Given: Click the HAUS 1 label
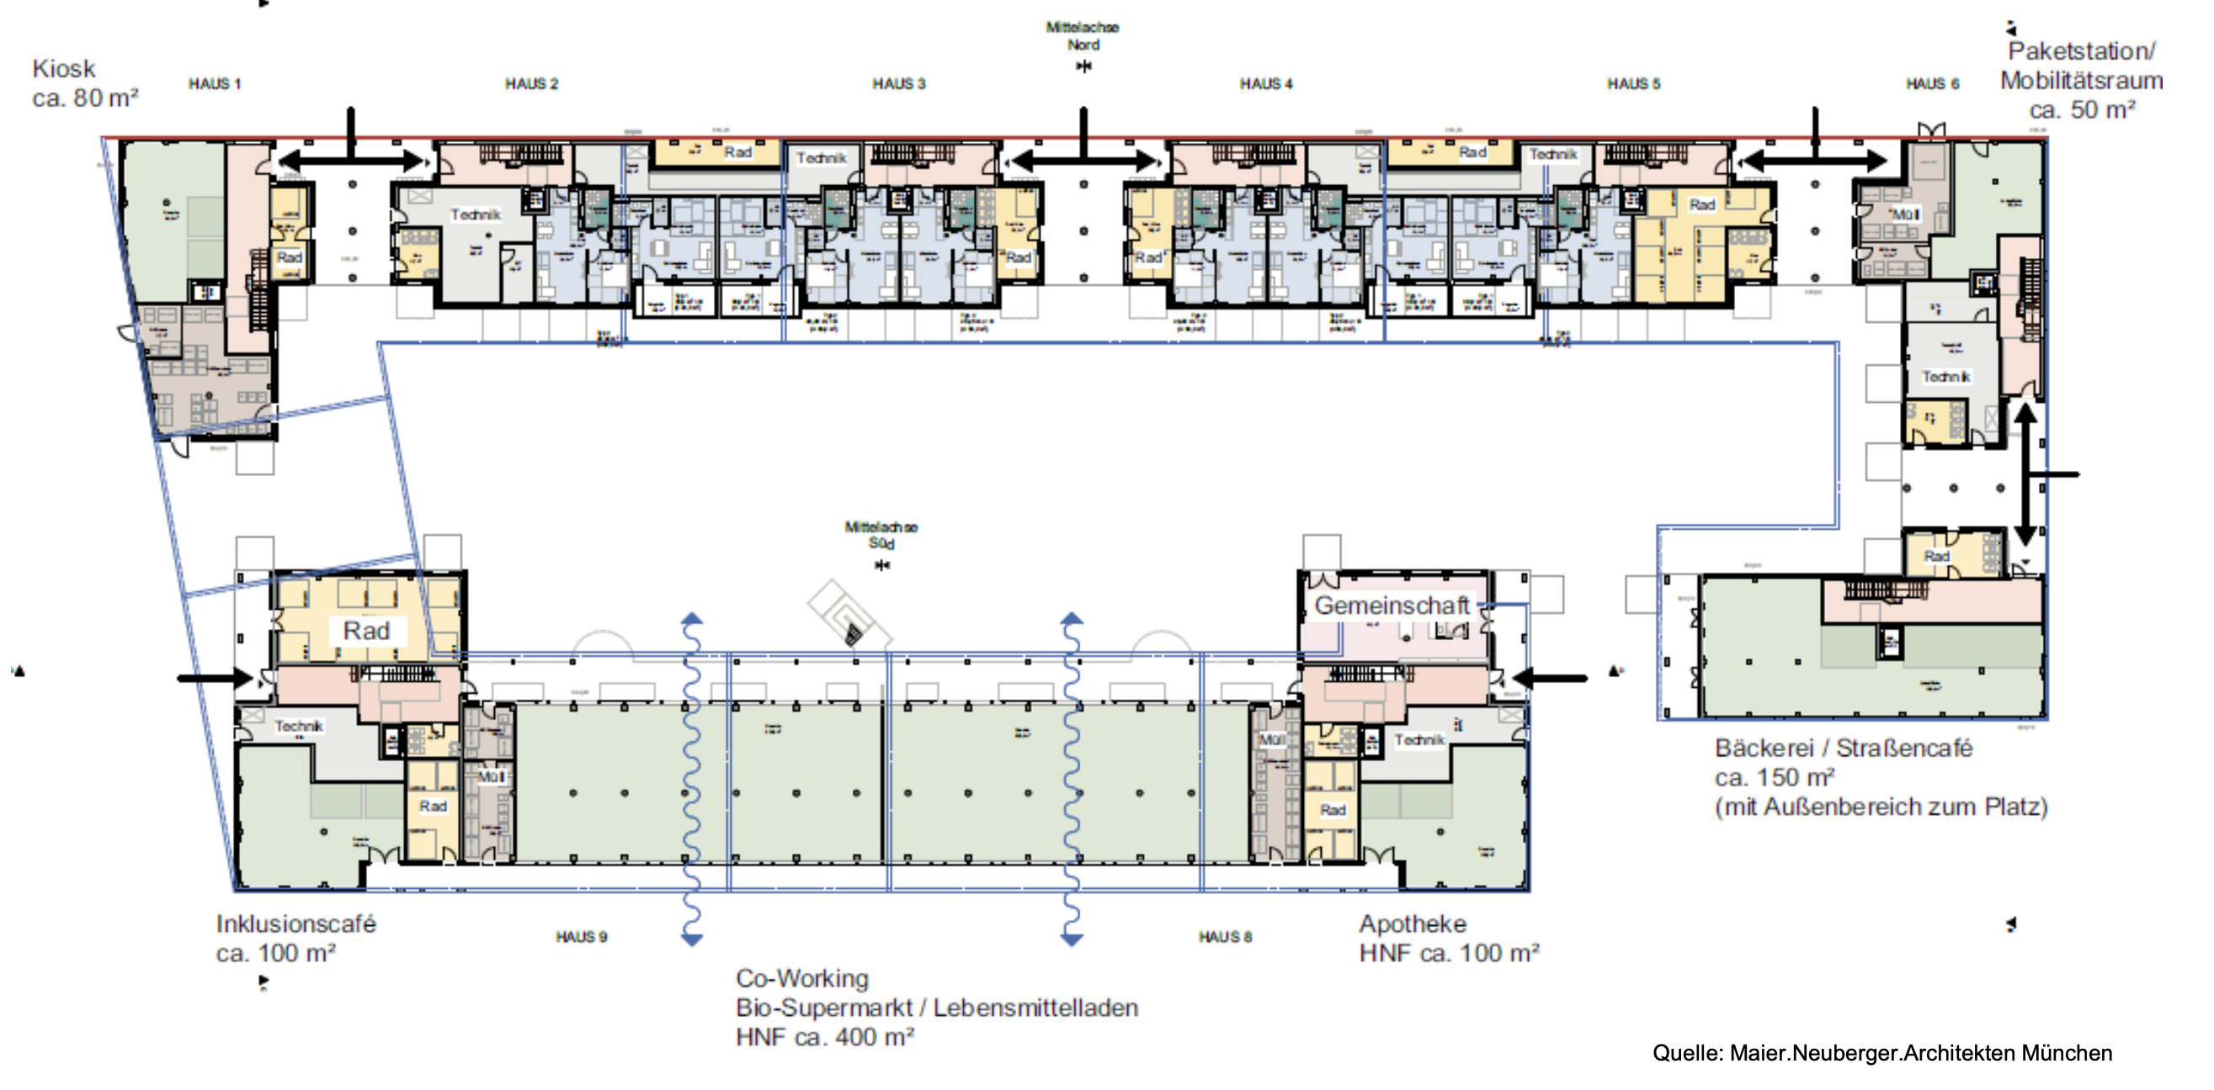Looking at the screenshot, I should [x=214, y=84].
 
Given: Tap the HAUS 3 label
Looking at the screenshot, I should [x=898, y=84].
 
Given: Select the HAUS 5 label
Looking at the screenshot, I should [x=1633, y=84].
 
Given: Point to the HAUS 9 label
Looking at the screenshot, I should [x=581, y=936].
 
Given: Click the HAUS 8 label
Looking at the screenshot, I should [x=1225, y=936].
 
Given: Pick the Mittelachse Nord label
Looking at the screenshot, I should [x=1082, y=36].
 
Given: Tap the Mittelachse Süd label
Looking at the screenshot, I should [x=881, y=535].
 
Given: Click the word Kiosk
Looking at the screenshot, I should [x=64, y=69].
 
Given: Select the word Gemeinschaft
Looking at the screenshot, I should [x=1392, y=606].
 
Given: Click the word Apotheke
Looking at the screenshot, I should [x=1412, y=924].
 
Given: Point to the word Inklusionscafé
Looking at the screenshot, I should [x=295, y=924].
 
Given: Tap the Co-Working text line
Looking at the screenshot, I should [x=802, y=978].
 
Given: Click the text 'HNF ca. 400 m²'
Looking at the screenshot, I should [x=824, y=1038].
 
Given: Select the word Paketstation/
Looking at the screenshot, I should [x=2081, y=51].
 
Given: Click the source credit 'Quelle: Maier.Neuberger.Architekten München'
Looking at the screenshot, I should [x=1881, y=1053].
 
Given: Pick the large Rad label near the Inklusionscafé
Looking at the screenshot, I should [x=366, y=632].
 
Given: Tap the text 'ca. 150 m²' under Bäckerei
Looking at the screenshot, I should [x=1774, y=777].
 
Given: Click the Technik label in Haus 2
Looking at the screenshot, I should [x=476, y=214].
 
